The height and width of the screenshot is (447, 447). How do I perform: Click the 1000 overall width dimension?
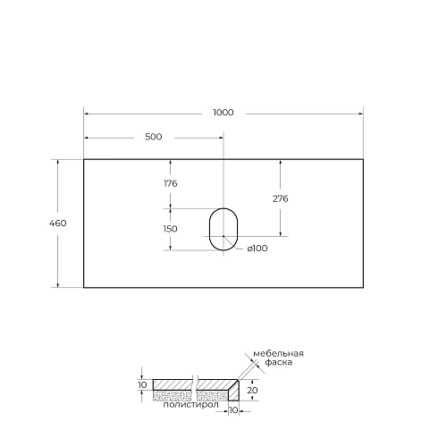223,113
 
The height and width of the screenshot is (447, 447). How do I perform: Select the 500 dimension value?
153,137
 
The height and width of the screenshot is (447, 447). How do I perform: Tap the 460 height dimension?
59,223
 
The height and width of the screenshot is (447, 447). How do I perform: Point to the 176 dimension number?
170,182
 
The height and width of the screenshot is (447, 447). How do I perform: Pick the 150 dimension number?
170,228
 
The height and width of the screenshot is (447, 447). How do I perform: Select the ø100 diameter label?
257,249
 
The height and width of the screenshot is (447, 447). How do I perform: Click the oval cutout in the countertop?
223,229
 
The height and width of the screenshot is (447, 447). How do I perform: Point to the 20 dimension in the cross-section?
253,390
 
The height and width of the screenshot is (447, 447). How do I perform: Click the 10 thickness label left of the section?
142,384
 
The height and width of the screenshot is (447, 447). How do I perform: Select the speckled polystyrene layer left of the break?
173,394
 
